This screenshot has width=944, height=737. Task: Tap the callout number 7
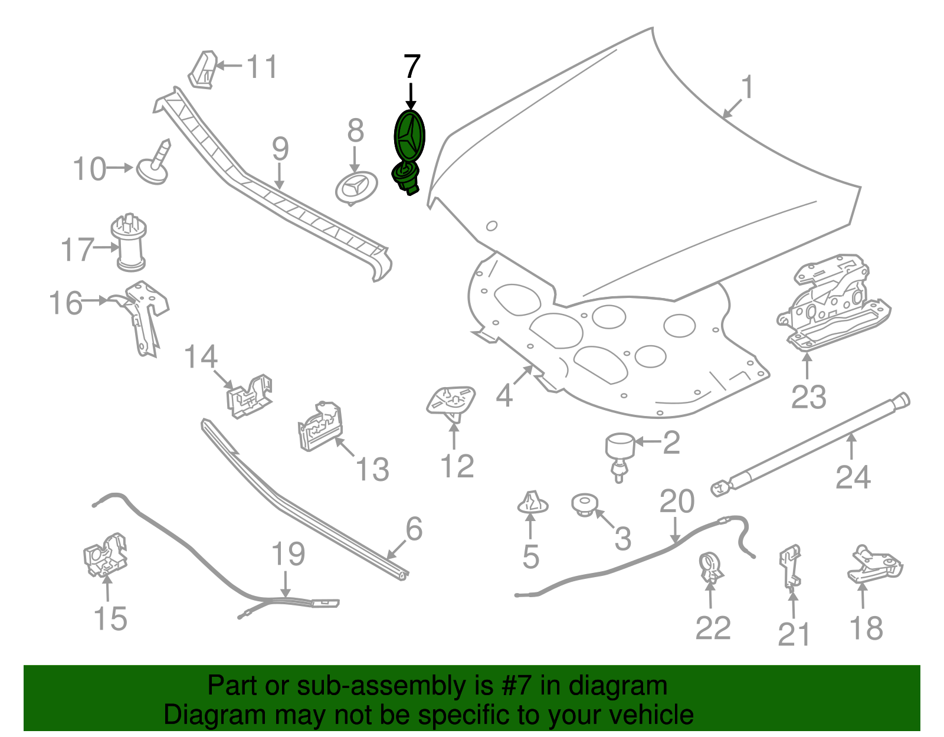pyautogui.click(x=412, y=67)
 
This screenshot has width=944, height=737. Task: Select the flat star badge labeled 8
pyautogui.click(x=357, y=188)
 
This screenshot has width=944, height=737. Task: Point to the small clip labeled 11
pyautogui.click(x=203, y=70)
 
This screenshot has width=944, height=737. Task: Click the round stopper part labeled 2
pyautogui.click(x=620, y=457)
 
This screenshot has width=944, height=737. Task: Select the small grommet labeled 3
pyautogui.click(x=585, y=505)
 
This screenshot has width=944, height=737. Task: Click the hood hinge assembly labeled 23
pyautogui.click(x=833, y=302)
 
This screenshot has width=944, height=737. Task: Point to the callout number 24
pyautogui.click(x=853, y=477)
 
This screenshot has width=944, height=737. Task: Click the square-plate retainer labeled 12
pyautogui.click(x=451, y=402)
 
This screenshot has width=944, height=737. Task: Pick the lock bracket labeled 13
pyautogui.click(x=320, y=426)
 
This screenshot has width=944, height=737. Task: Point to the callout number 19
pyautogui.click(x=288, y=554)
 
